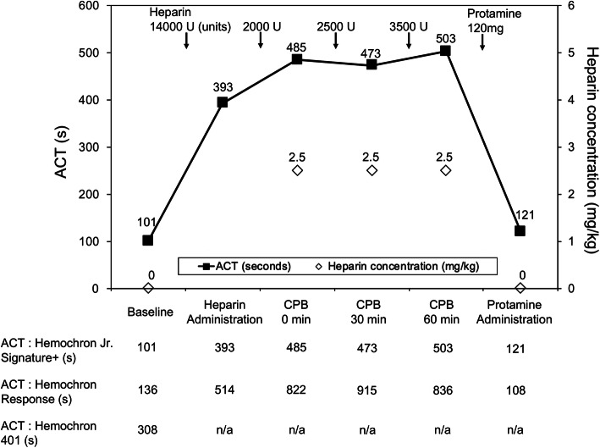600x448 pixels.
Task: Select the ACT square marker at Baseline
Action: click(x=148, y=241)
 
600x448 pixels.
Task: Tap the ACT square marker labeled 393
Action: click(x=223, y=102)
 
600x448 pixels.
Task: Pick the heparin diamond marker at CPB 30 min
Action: click(x=372, y=170)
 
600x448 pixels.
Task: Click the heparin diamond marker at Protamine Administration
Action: click(x=520, y=288)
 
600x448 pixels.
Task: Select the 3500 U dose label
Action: click(x=409, y=26)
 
